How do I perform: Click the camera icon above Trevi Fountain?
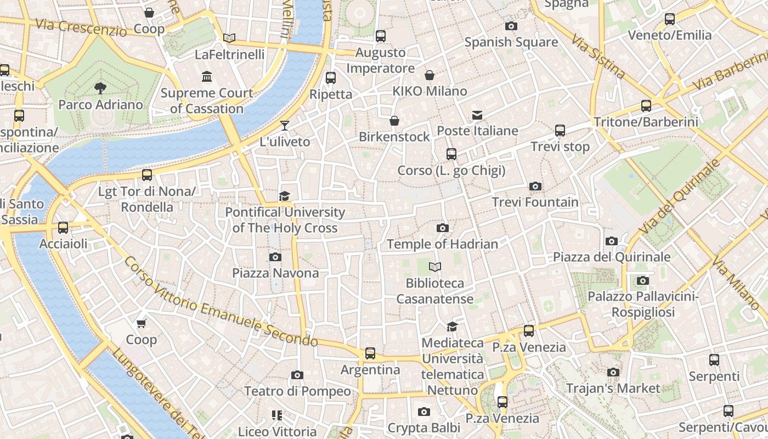click(535, 187)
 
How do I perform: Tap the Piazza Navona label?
click(275, 273)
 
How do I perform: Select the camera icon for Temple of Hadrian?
click(442, 228)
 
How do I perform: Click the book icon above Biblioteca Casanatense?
click(435, 267)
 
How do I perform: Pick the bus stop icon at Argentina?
click(370, 353)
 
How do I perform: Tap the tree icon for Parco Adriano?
click(100, 88)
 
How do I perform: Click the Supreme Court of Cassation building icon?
click(207, 76)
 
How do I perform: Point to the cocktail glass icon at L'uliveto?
click(284, 126)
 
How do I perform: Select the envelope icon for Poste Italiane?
click(477, 115)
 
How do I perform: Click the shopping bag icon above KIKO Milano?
click(430, 75)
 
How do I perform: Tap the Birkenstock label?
click(394, 137)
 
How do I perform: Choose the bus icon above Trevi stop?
click(560, 131)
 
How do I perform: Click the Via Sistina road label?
click(597, 57)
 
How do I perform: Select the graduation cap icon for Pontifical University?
click(284, 196)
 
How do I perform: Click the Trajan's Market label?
click(613, 389)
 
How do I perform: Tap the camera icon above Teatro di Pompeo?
click(297, 375)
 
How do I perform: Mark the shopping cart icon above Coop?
click(142, 324)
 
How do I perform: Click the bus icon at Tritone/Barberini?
click(646, 105)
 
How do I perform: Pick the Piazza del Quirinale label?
click(612, 257)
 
